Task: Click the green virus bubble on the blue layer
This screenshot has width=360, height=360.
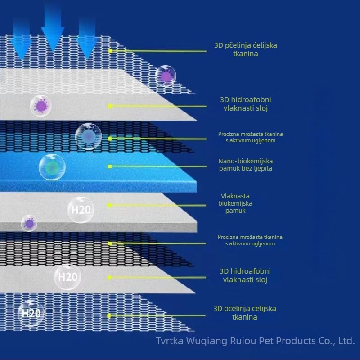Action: point(52,167)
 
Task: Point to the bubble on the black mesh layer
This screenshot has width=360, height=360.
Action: point(88,137)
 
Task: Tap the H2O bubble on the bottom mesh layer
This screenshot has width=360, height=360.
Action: point(31,313)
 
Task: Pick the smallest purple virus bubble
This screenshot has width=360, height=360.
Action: point(29,223)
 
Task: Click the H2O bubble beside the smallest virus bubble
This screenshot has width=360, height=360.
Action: point(81,210)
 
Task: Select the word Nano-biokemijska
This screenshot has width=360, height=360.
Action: point(245,161)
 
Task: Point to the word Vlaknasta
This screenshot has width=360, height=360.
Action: point(235,196)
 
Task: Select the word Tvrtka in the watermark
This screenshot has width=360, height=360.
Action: point(170,341)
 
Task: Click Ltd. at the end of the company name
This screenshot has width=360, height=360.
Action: point(346,341)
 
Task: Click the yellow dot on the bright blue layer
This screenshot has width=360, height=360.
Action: point(110,166)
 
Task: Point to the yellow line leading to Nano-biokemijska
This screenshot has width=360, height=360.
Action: point(158,166)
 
